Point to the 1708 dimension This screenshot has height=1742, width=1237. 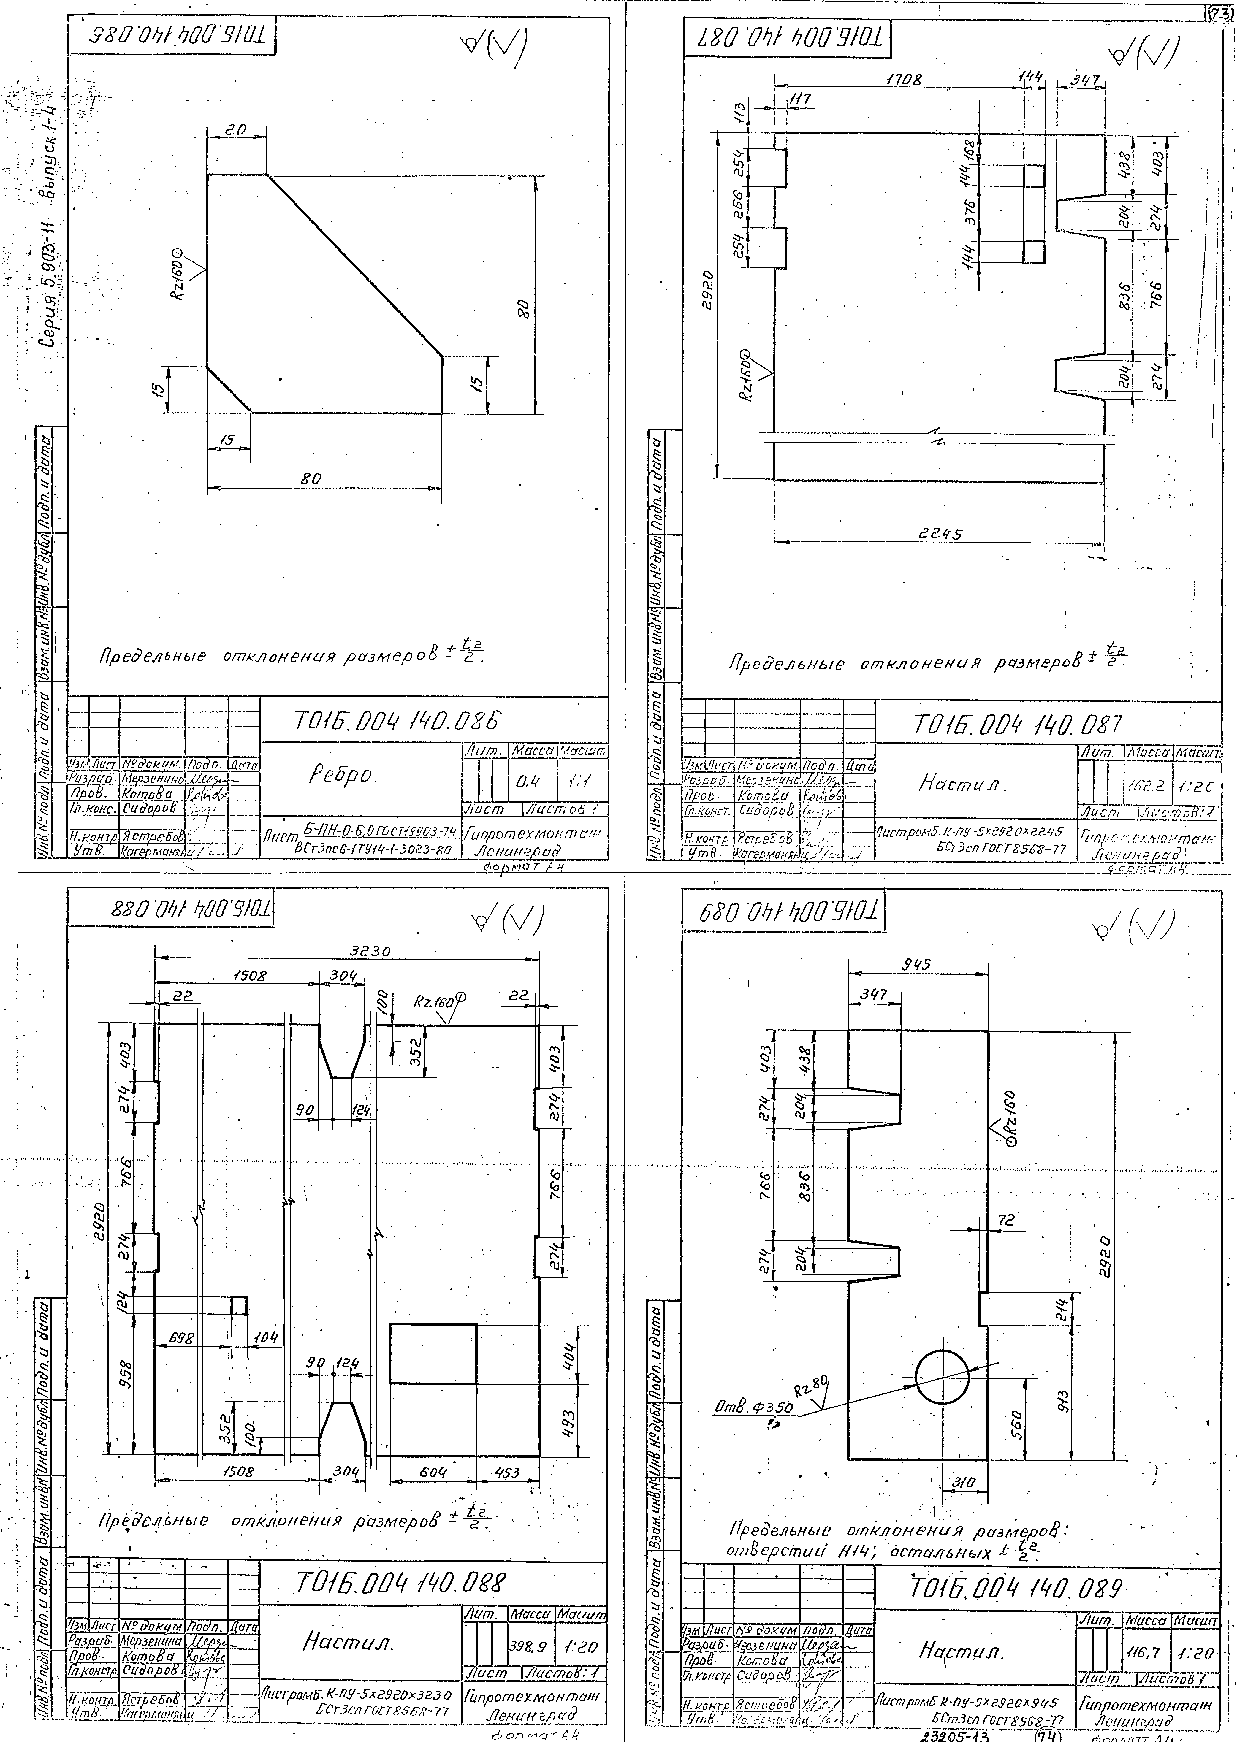tap(904, 78)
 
